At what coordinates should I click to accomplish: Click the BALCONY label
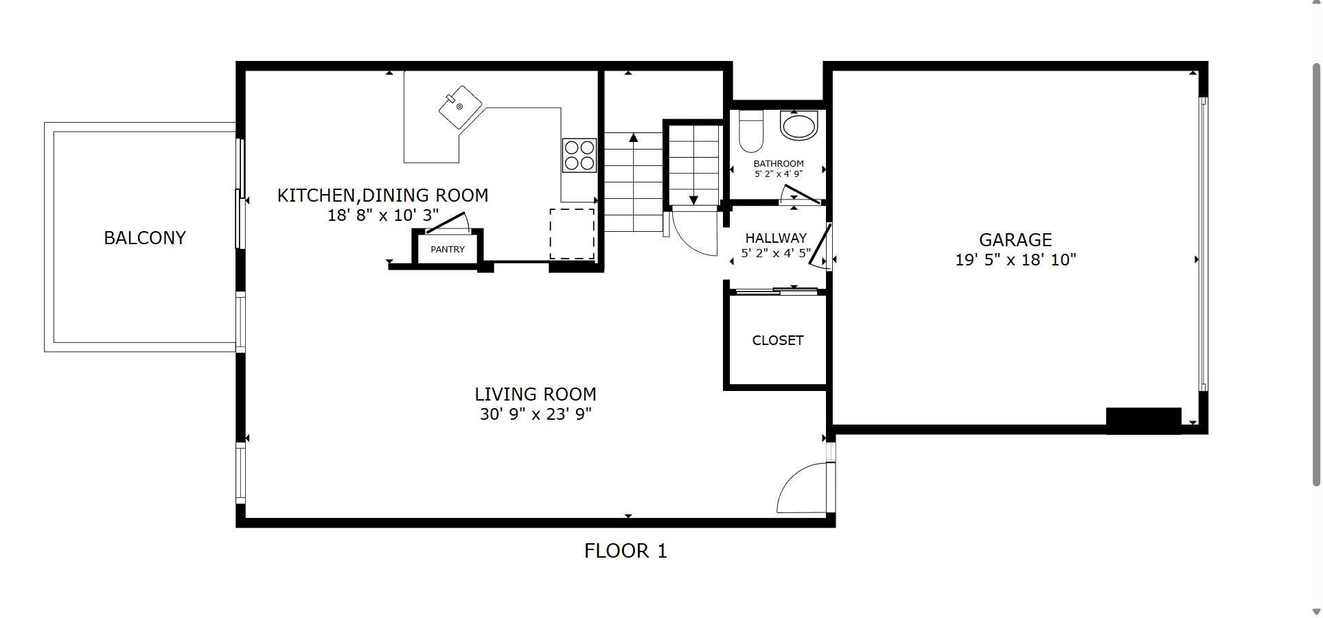point(145,238)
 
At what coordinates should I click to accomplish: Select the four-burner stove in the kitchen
point(579,155)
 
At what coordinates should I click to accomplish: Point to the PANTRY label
point(448,250)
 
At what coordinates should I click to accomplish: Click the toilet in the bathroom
point(751,130)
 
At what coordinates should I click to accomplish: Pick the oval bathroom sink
point(799,126)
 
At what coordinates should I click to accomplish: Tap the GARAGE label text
point(1015,240)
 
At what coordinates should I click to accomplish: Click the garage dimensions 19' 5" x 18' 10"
point(1015,260)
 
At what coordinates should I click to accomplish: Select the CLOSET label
point(778,341)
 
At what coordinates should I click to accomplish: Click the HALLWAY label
point(776,239)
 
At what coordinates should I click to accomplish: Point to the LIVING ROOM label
point(536,394)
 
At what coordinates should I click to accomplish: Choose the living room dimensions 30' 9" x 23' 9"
point(536,414)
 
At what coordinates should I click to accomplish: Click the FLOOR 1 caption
point(625,551)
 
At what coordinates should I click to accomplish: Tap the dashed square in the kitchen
point(572,234)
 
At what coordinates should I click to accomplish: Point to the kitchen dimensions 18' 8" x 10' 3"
point(383,215)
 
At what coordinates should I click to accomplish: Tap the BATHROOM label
point(779,164)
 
